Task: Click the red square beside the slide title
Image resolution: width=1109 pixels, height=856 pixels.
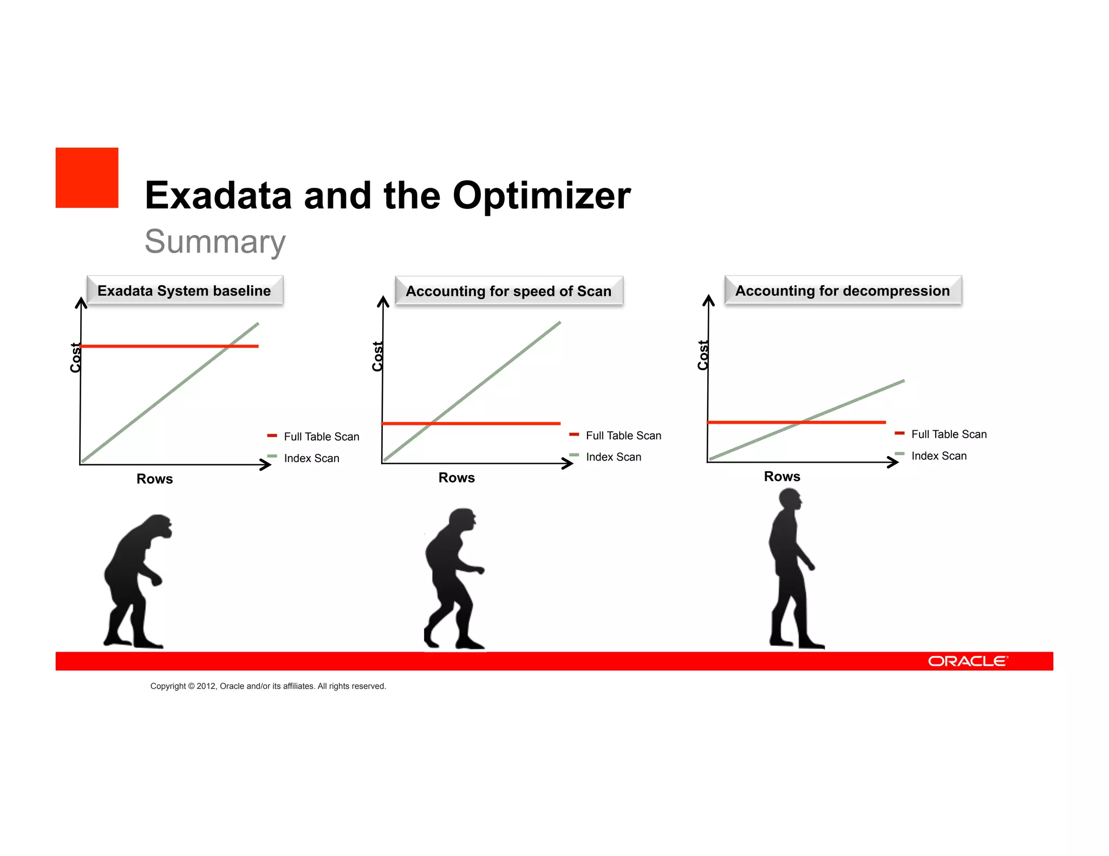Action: (x=87, y=177)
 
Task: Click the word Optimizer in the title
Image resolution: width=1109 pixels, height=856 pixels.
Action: (x=541, y=195)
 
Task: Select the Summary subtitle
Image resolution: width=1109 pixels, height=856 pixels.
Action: (x=215, y=242)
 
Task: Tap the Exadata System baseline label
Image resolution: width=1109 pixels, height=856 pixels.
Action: (x=184, y=291)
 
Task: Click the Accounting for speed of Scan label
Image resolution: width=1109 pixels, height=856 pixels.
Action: (x=508, y=292)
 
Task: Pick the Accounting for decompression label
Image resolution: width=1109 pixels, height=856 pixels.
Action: (x=842, y=291)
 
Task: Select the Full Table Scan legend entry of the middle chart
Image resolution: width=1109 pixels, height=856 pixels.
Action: (x=623, y=436)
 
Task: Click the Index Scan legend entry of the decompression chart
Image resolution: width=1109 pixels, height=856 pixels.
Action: (x=938, y=456)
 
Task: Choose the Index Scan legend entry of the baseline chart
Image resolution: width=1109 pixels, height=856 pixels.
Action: (x=311, y=458)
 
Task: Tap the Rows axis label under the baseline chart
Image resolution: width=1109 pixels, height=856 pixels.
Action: (x=154, y=479)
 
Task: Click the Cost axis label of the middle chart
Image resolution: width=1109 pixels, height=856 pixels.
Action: (x=377, y=356)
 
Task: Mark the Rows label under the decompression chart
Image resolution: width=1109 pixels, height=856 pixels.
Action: (x=782, y=477)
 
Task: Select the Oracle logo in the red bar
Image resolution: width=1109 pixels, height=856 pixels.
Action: (x=968, y=661)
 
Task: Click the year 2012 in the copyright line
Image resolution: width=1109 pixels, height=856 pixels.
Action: (x=206, y=686)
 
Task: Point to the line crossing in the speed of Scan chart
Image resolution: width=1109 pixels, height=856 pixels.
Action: (x=432, y=423)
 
